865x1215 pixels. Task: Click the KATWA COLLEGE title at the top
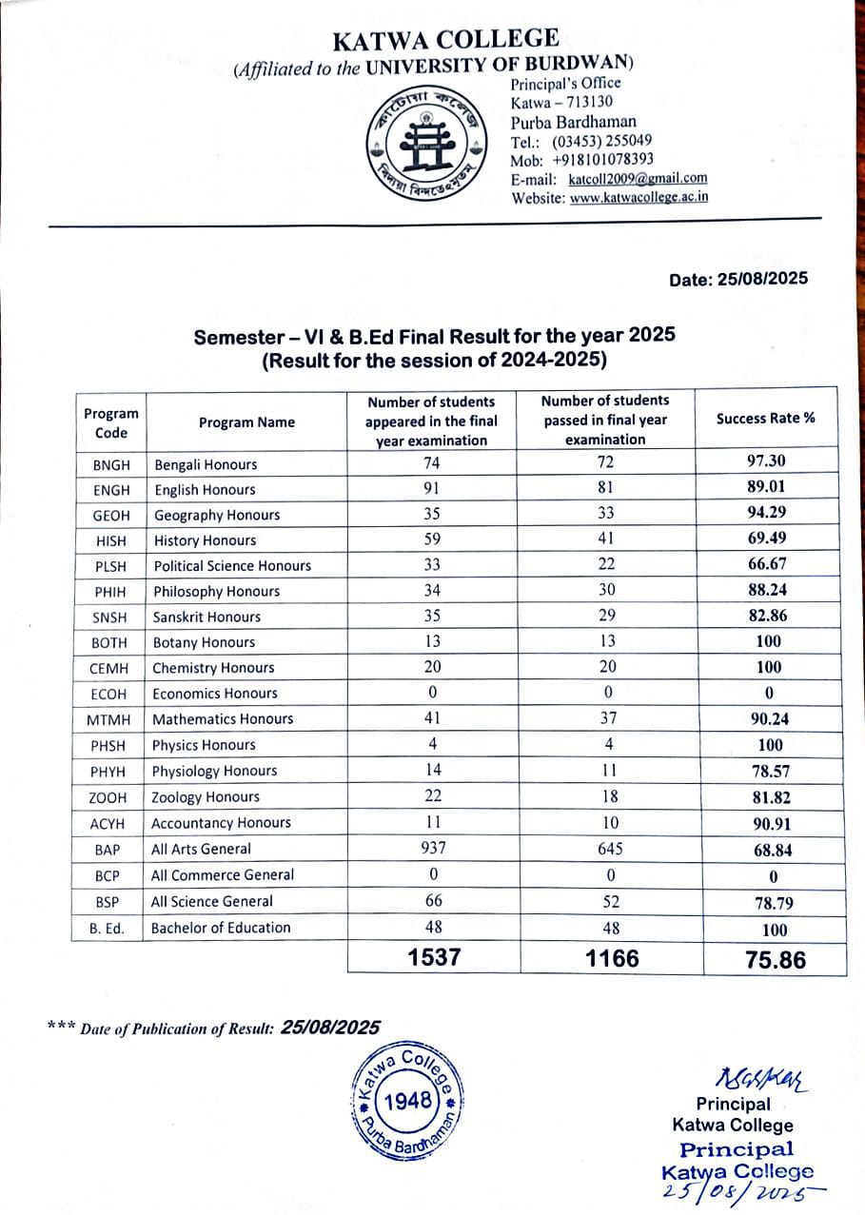coord(445,40)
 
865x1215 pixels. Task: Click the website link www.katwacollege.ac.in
coord(639,198)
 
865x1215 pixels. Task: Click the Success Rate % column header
coord(765,418)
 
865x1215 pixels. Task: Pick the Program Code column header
coord(110,422)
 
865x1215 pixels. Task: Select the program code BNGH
coord(109,465)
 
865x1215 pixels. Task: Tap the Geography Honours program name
coord(217,515)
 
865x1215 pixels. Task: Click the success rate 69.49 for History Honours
coord(767,539)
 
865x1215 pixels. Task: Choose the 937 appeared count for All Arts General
coord(434,848)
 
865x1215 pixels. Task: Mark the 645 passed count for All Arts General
coord(610,848)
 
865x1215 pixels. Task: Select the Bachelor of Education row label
coord(221,928)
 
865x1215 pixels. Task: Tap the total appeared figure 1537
coord(434,957)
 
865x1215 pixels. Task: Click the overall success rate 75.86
coord(776,959)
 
